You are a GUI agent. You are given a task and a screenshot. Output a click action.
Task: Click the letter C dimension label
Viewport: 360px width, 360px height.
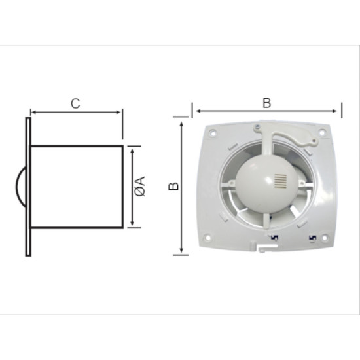75,103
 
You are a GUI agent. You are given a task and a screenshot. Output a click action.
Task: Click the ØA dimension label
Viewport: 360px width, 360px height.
141,187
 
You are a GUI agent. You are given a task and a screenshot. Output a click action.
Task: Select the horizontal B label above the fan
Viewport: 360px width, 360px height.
266,103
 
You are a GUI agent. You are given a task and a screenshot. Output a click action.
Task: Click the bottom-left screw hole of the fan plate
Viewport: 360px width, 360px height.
207,238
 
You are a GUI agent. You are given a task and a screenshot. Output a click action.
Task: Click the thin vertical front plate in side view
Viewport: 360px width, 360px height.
27,187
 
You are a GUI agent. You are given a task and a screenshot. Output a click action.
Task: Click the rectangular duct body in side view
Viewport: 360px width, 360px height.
77,187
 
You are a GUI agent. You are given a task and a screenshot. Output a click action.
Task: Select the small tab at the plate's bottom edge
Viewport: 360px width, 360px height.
262,249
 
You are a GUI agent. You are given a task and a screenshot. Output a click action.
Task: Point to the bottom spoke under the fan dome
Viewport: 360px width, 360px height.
266,223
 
